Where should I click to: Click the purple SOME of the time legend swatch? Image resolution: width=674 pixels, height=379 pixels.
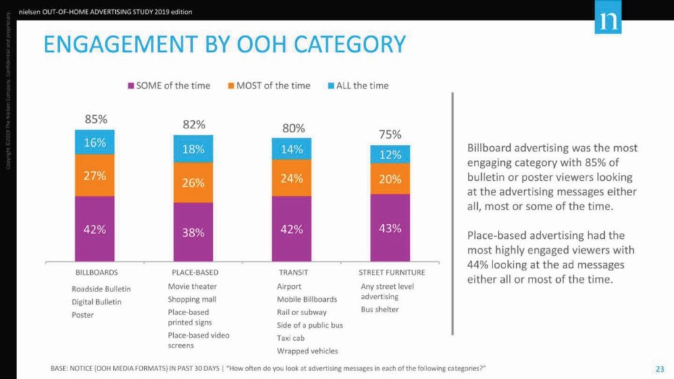[132, 86]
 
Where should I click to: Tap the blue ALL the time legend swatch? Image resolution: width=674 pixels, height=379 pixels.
[331, 86]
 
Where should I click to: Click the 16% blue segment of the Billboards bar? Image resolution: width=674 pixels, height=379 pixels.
[95, 143]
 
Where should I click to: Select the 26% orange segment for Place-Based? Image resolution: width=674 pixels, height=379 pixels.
[194, 182]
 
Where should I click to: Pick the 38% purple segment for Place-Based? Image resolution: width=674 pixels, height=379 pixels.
[194, 232]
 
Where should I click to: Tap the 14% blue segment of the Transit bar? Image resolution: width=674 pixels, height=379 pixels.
[292, 149]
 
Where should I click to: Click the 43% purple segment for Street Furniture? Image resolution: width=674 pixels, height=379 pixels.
[390, 228]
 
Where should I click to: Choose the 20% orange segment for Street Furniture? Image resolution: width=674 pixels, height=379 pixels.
[390, 178]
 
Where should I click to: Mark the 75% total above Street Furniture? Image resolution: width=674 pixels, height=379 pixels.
[390, 134]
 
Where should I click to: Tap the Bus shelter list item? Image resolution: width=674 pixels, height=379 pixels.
[380, 309]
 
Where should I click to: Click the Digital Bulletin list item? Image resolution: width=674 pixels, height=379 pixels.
[97, 301]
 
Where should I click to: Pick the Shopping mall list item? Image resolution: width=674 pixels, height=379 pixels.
[192, 299]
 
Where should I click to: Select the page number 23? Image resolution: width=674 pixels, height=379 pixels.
[659, 367]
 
